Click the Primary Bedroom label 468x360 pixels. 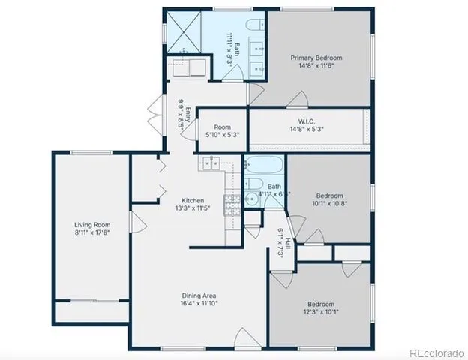coord(318,58)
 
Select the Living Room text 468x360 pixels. coord(91,224)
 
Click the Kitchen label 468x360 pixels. coord(193,200)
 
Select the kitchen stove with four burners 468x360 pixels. coord(232,200)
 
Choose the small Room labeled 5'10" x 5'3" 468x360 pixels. coord(222,131)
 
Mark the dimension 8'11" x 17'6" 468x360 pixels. coord(91,233)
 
